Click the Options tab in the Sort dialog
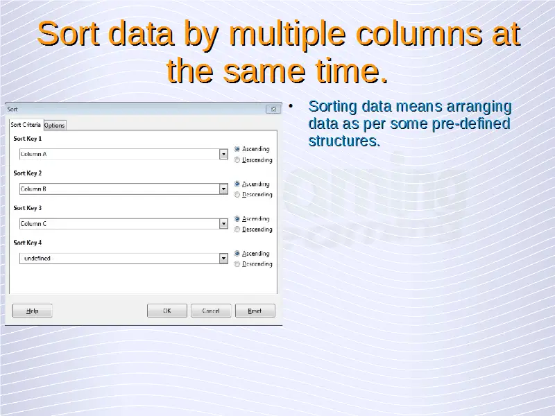pos(55,125)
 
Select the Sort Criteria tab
pos(26,125)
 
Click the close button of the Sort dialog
pos(273,109)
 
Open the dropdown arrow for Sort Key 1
pos(223,154)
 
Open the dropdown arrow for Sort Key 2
pos(223,189)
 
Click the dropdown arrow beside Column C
pos(223,223)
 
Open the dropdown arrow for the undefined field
pos(223,258)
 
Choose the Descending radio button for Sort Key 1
pos(237,160)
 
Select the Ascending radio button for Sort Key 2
pos(237,184)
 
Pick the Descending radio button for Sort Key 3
pos(237,229)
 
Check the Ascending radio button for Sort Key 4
pos(237,253)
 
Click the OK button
pos(167,311)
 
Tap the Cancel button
pos(211,311)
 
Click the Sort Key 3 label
pos(28,208)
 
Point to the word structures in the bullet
pos(344,141)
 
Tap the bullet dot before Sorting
pos(291,106)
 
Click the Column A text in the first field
pos(33,154)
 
